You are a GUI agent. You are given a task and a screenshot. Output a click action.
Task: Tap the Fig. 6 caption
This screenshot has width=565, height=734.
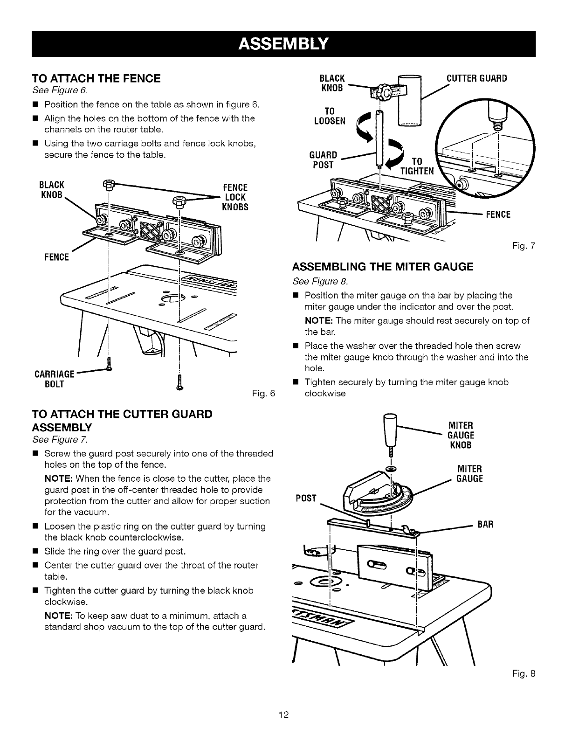(264, 394)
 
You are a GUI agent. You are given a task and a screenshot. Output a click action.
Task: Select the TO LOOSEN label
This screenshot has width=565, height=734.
(330, 116)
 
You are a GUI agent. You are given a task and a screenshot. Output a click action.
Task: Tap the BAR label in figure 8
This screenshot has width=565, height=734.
(484, 524)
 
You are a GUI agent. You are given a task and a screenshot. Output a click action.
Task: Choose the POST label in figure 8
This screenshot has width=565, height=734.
(306, 499)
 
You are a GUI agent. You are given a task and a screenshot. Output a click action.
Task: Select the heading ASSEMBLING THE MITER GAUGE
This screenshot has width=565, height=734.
(382, 266)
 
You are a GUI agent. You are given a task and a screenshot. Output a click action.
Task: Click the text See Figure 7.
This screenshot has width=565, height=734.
(60, 440)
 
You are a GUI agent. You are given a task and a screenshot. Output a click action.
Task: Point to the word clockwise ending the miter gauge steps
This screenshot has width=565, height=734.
(324, 393)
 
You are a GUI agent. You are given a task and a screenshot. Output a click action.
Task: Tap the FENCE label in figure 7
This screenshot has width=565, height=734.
(498, 214)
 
